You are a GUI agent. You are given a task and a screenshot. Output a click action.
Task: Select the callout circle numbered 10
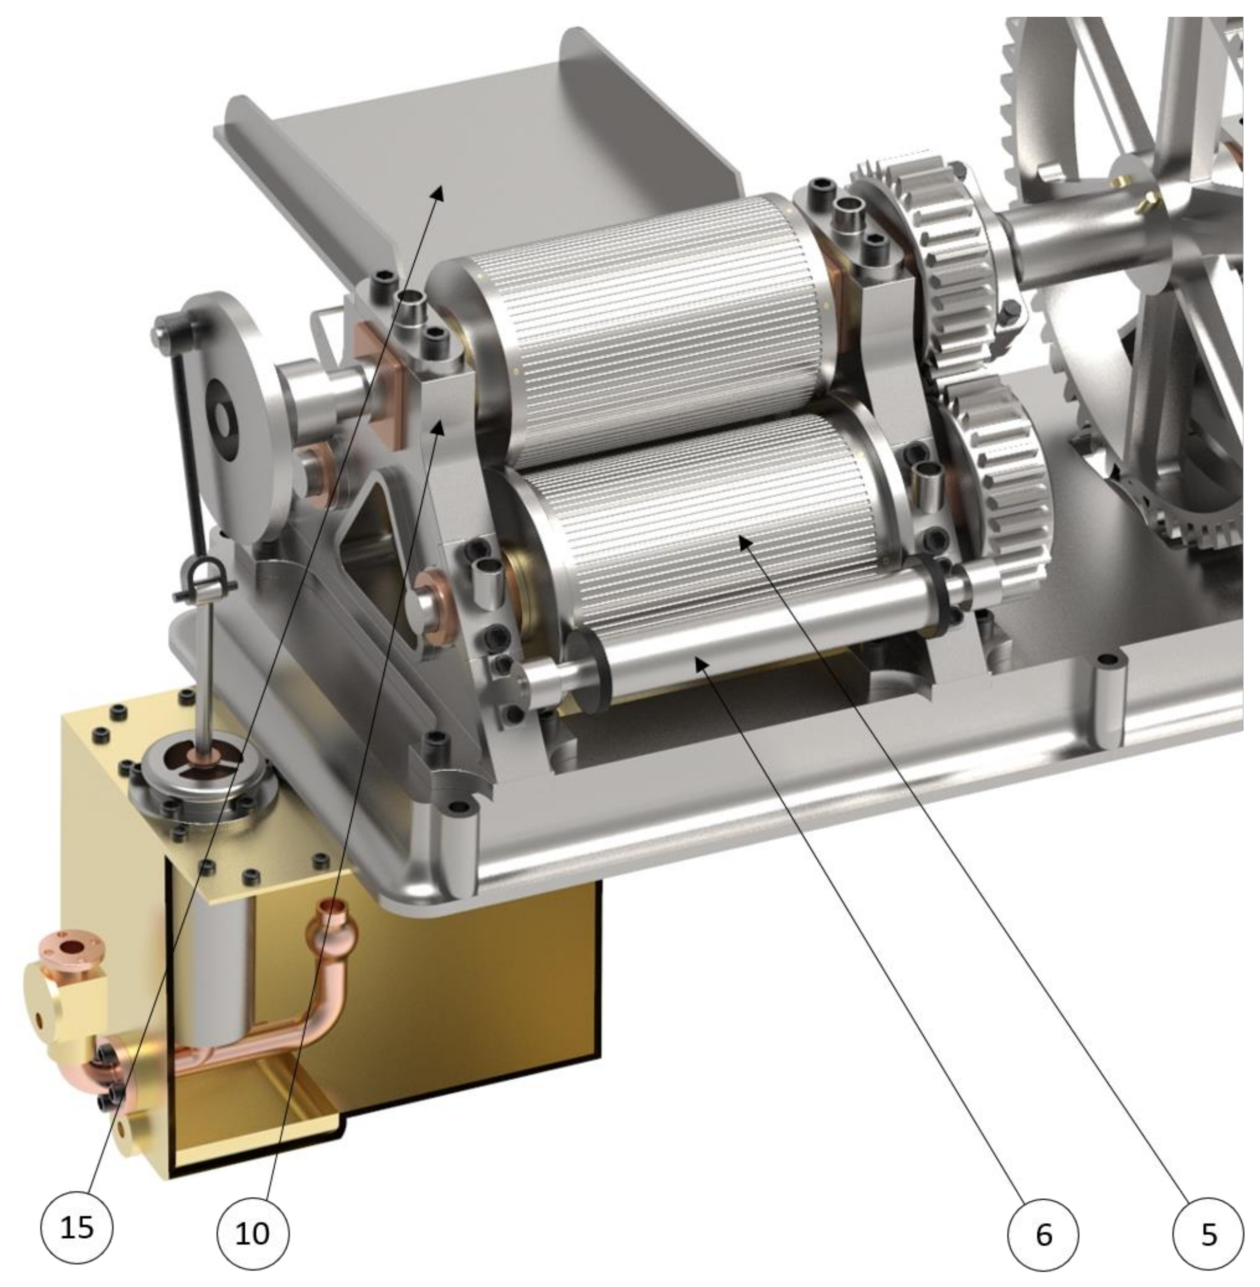click(253, 1233)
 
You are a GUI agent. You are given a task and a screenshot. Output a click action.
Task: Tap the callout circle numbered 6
click(1043, 1234)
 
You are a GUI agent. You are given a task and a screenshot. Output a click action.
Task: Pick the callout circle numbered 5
click(1208, 1234)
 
